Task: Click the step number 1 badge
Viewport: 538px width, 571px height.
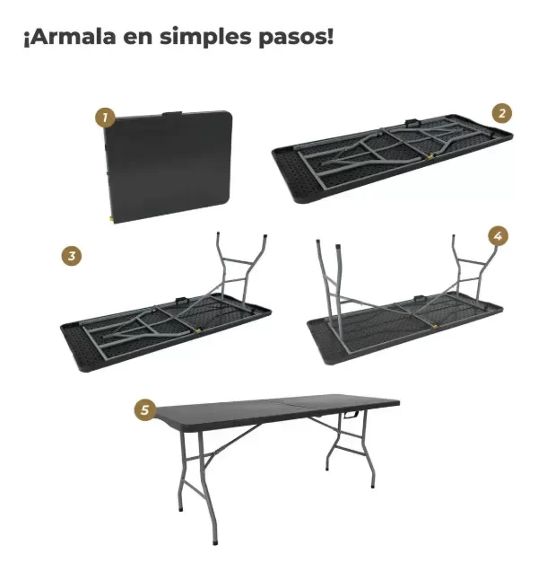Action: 105,118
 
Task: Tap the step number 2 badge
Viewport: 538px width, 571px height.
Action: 502,112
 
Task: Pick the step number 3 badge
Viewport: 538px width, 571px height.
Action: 73,256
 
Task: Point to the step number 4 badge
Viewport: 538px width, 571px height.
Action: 499,236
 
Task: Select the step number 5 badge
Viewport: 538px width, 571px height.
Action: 144,409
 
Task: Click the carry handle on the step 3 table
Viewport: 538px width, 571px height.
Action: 182,299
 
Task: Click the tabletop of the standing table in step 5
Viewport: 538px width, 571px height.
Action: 269,414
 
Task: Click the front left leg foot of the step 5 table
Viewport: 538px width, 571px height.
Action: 214,540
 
